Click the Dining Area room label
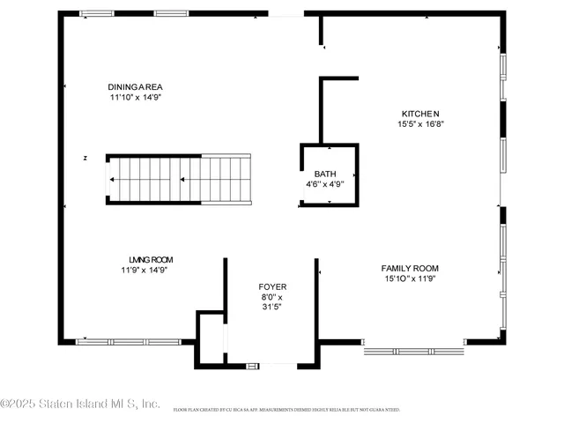136,86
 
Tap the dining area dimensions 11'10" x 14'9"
136,97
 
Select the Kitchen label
420,114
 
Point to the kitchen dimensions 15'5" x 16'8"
420,124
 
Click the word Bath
325,174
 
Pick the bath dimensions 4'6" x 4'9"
325,185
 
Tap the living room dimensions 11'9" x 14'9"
145,271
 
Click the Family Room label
410,268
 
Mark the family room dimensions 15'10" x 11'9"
410,278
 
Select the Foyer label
272,287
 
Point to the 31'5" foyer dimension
272,308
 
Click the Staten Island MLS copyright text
80,404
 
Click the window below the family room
414,349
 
